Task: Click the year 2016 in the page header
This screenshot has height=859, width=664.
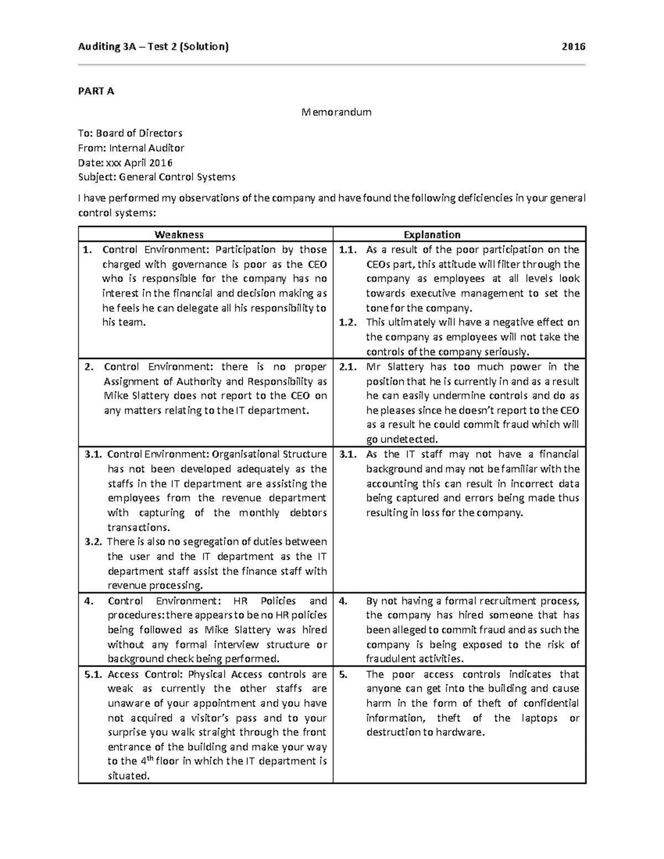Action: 573,46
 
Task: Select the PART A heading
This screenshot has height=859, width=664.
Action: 96,91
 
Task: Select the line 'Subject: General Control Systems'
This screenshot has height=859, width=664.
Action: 157,177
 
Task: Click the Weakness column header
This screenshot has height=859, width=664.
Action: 179,235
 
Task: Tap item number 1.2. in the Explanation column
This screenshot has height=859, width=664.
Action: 349,322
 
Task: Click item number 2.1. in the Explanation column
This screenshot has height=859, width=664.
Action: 349,367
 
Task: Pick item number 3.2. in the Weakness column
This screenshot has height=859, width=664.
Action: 94,542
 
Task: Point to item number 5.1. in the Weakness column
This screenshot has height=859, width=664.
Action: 94,674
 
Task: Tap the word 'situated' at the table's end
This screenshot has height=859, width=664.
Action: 128,776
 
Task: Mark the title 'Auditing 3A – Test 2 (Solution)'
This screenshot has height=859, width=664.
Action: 153,46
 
